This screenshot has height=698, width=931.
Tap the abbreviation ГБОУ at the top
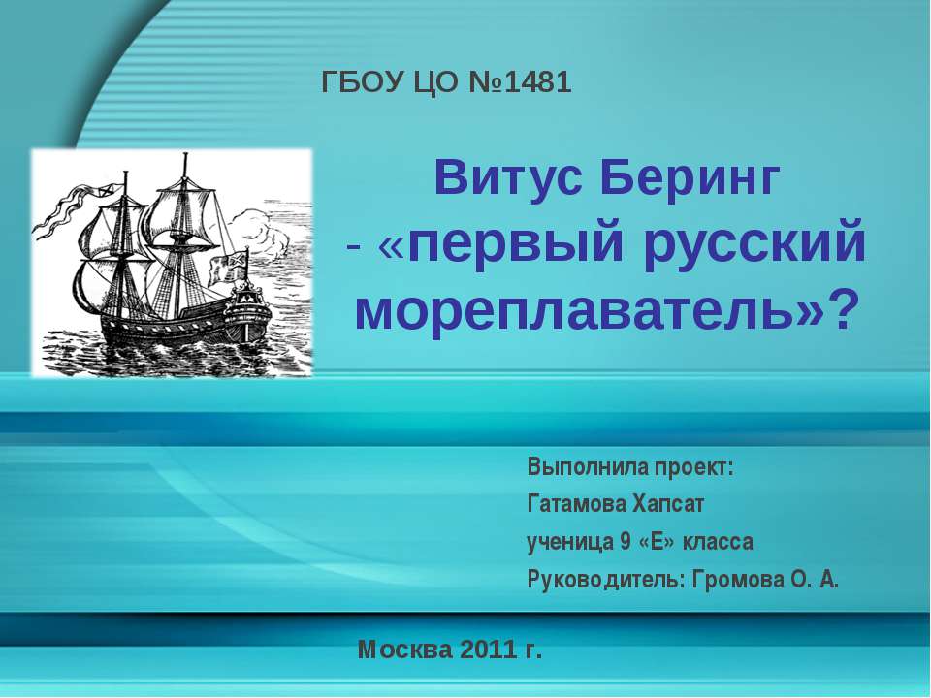click(361, 83)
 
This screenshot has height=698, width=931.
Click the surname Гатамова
click(574, 504)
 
